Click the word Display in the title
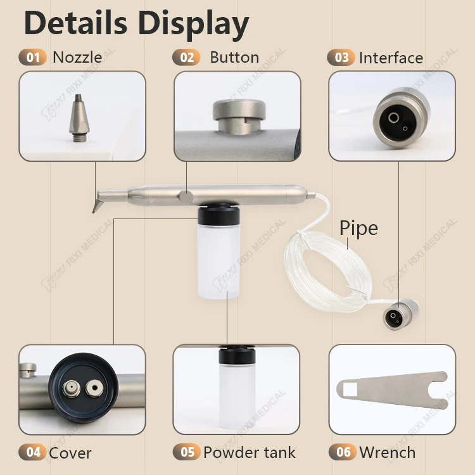tap(193, 24)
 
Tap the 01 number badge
tap(32, 58)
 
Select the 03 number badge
tap(341, 58)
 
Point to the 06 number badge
tap(343, 452)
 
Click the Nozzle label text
tap(77, 58)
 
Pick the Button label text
tap(234, 58)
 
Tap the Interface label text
tap(391, 58)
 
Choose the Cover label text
tap(70, 453)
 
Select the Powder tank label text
tap(250, 452)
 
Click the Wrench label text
tap(388, 452)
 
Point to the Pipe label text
tap(358, 228)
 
